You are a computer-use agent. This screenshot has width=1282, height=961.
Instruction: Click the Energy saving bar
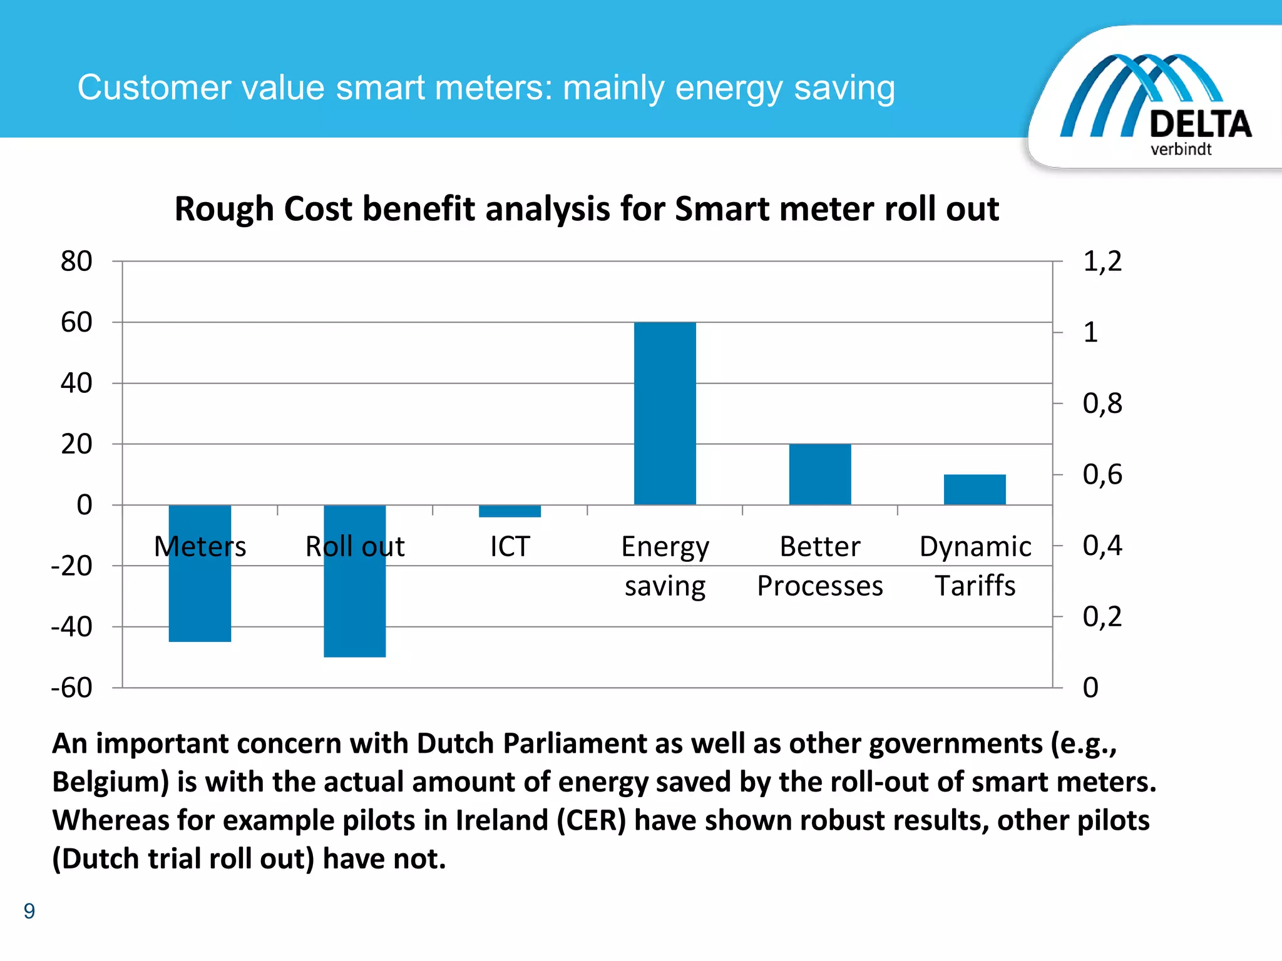click(665, 413)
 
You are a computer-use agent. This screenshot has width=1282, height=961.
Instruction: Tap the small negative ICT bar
click(510, 511)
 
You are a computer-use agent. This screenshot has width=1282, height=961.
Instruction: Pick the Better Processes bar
click(820, 474)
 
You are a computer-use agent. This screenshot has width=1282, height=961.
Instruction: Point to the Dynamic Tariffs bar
click(975, 489)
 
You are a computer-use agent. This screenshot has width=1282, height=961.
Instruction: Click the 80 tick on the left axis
click(76, 262)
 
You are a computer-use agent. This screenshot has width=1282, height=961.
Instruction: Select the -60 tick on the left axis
click(72, 688)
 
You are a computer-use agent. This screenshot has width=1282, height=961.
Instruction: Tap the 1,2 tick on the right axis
click(1102, 262)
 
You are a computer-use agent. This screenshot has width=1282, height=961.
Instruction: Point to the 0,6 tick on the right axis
click(1102, 475)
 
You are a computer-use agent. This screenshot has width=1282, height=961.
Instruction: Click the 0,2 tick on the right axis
click(1102, 617)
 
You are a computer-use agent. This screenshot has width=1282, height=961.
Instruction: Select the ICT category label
click(510, 547)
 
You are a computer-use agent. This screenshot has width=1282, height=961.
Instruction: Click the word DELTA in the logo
click(1200, 124)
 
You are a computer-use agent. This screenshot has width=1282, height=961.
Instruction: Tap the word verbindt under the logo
click(1181, 150)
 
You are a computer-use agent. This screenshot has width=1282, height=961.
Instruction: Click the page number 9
click(29, 911)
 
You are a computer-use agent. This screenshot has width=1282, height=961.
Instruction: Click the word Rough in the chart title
click(223, 209)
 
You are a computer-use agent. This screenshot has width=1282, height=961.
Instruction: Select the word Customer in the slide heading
click(154, 88)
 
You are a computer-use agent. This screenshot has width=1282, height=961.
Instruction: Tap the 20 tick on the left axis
click(76, 444)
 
